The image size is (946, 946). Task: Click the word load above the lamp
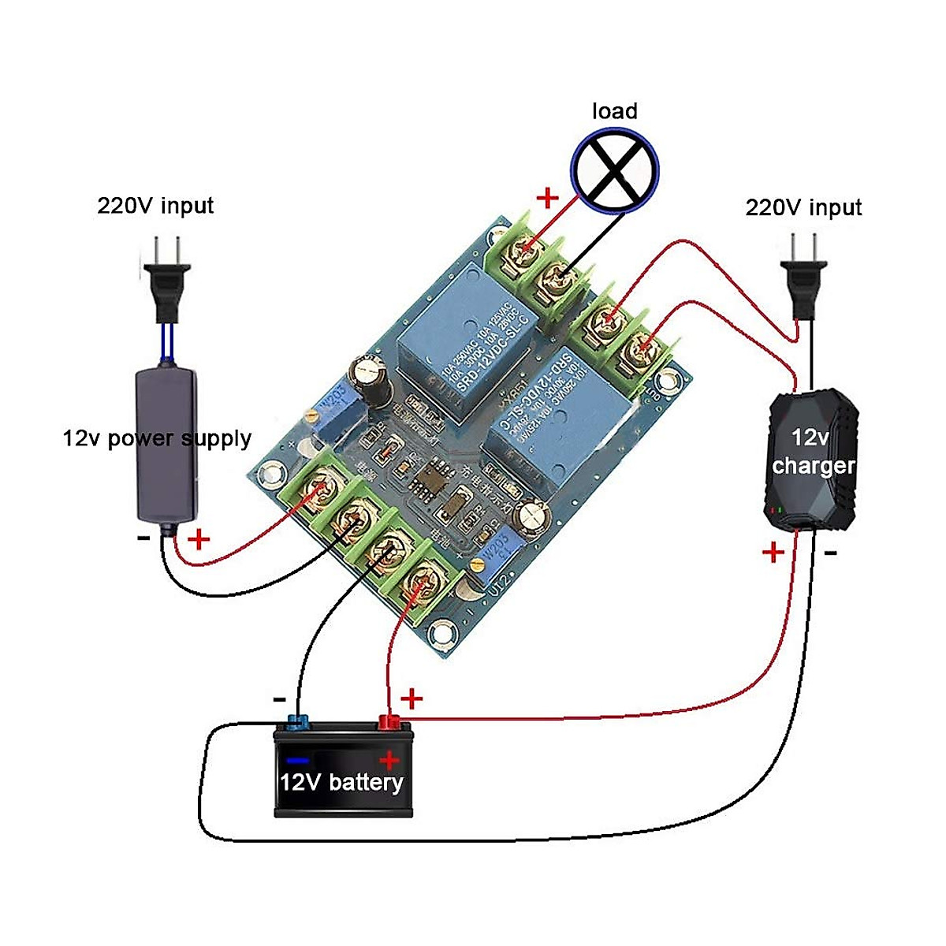coord(614,111)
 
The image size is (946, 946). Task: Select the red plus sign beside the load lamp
coord(547,198)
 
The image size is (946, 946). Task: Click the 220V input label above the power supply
coord(155,207)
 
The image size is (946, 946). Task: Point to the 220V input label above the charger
coord(803,208)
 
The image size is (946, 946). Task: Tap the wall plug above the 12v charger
coord(805,276)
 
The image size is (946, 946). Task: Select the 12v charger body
coord(812,457)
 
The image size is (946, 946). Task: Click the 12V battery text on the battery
coord(341,782)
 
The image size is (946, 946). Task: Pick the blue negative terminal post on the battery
coord(298,721)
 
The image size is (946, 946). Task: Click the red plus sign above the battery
coord(412,698)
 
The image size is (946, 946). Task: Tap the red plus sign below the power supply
coord(199,540)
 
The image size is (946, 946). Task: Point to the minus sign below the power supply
coord(143,538)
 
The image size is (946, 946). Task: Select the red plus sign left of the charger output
coord(773,552)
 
